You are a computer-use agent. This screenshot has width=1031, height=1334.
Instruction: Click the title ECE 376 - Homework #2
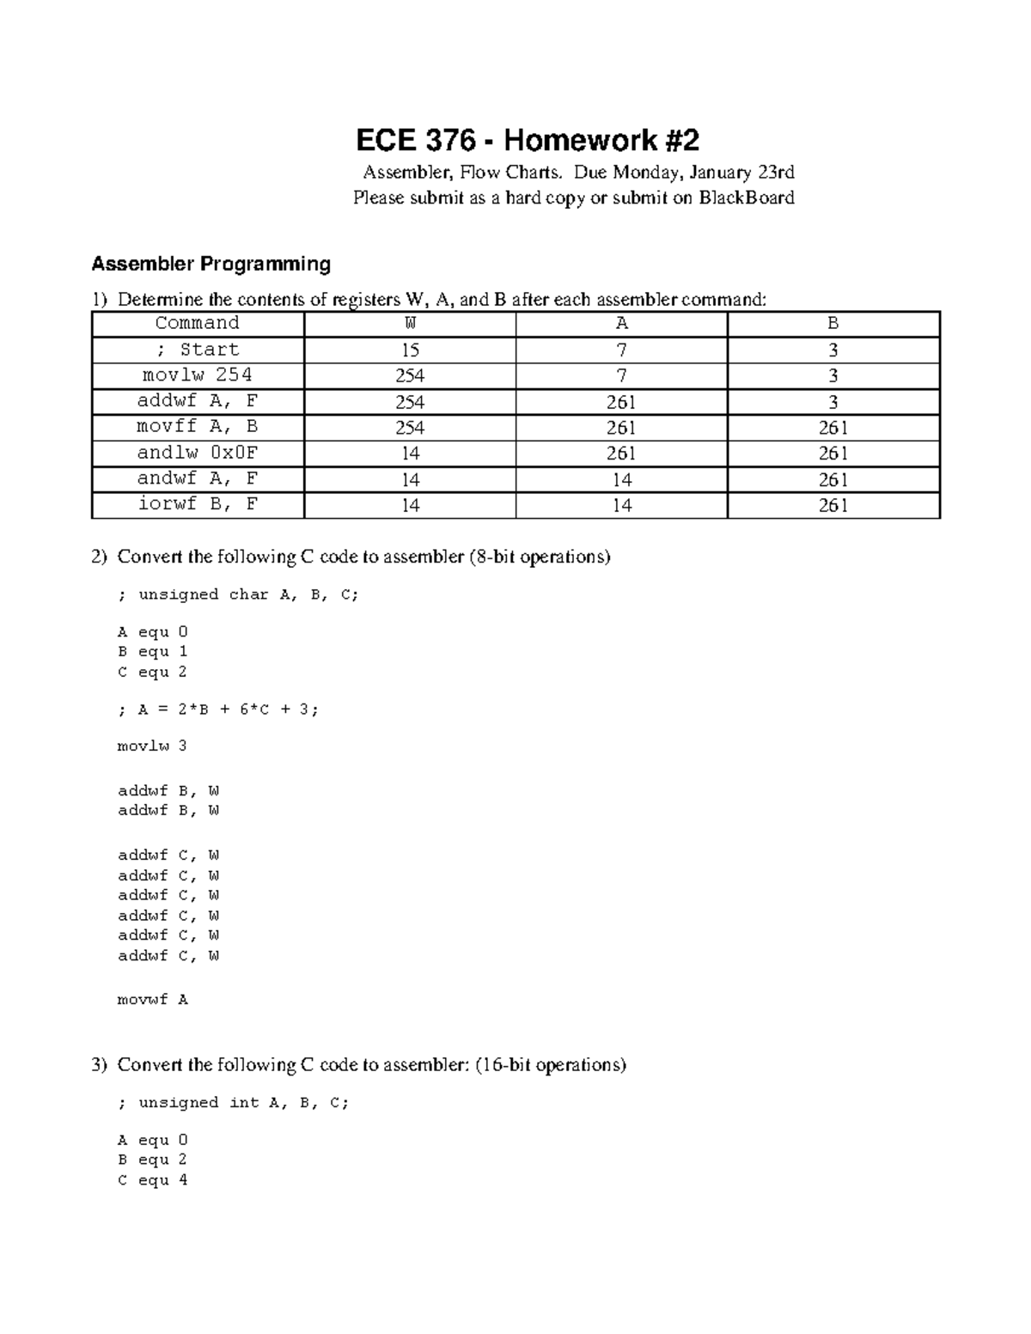pyautogui.click(x=528, y=140)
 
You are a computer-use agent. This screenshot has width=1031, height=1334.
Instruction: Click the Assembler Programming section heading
pyautogui.click(x=210, y=264)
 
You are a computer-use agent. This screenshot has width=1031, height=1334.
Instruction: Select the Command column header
pyautogui.click(x=198, y=324)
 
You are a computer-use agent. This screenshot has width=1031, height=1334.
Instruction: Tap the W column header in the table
pyautogui.click(x=410, y=324)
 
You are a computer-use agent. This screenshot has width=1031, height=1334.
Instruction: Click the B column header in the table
pyautogui.click(x=833, y=324)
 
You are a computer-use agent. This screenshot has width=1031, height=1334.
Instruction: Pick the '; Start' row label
pyautogui.click(x=198, y=350)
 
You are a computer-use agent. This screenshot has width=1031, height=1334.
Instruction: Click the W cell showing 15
pyautogui.click(x=410, y=350)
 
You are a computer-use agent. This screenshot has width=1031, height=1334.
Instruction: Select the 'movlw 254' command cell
pyautogui.click(x=198, y=375)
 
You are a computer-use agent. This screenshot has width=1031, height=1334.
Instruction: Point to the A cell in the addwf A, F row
pyautogui.click(x=621, y=402)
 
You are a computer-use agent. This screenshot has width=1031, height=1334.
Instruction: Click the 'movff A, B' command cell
pyautogui.click(x=198, y=427)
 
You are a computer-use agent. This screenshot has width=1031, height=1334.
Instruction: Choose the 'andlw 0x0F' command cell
pyautogui.click(x=198, y=453)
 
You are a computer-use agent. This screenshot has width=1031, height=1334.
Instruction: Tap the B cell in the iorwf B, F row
pyautogui.click(x=833, y=505)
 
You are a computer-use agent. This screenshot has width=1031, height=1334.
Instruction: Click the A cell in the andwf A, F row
pyautogui.click(x=621, y=479)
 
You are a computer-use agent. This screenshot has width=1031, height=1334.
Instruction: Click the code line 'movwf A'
pyautogui.click(x=152, y=1000)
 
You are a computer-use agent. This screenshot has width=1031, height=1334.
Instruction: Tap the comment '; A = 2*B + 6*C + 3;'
pyautogui.click(x=217, y=710)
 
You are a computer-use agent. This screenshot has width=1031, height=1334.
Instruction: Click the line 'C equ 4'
pyautogui.click(x=152, y=1180)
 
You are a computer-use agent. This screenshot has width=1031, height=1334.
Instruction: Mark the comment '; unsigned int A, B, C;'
pyautogui.click(x=233, y=1103)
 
